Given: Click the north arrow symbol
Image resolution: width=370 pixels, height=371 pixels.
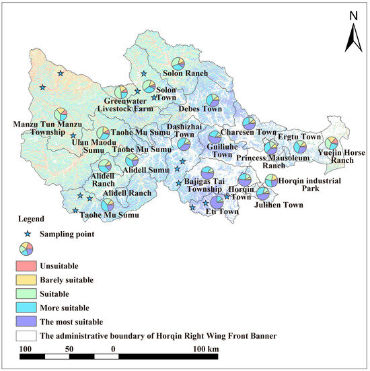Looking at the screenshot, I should click(354, 37).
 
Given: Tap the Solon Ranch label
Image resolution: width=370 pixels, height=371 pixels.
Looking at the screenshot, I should click(186, 73).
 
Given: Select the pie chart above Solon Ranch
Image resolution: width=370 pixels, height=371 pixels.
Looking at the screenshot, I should click(178, 63).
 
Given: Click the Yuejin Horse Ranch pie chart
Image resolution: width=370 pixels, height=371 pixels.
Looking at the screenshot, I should click(331, 143).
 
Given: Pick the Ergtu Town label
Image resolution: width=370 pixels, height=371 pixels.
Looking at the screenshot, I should click(301, 137).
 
